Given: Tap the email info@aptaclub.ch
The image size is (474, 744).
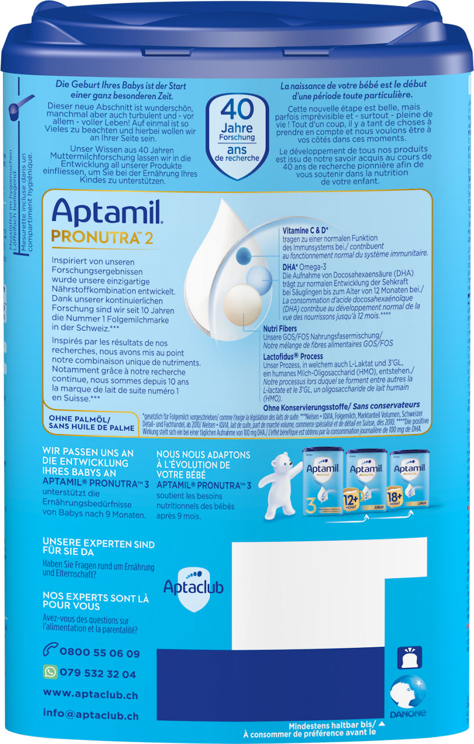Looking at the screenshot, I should point(91,714).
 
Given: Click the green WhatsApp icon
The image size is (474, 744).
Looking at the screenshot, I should point(50,673).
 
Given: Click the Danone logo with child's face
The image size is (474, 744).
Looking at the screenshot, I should point(408,695).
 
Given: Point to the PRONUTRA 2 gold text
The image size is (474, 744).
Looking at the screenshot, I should point(102,237).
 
